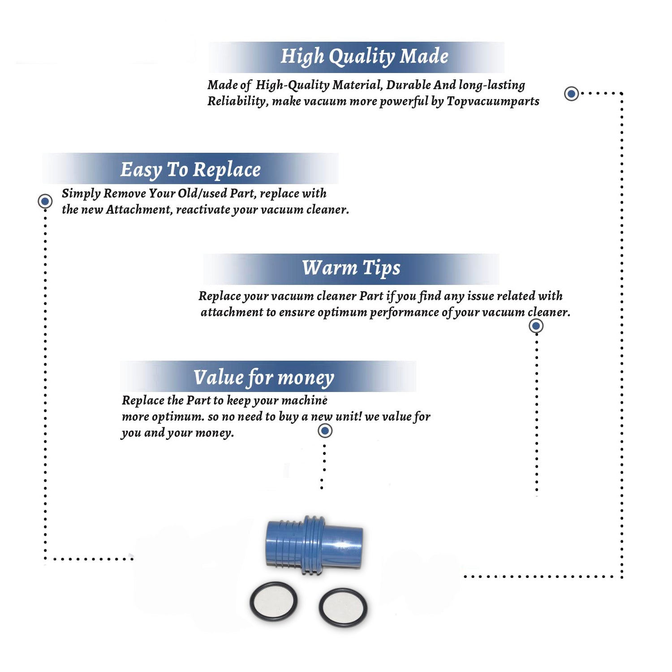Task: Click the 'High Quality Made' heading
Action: point(364,56)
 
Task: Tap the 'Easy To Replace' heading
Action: point(190,169)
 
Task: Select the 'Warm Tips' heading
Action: point(351,268)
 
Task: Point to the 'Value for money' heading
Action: point(264,377)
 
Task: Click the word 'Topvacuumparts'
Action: point(493,102)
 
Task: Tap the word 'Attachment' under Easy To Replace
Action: point(139,209)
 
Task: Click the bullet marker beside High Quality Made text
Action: point(571,94)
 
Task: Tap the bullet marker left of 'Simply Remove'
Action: point(45,201)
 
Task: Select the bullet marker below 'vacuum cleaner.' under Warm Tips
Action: point(536,326)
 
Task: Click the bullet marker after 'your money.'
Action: point(325,431)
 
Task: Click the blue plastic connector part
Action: point(314,545)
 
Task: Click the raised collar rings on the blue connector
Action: point(314,545)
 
